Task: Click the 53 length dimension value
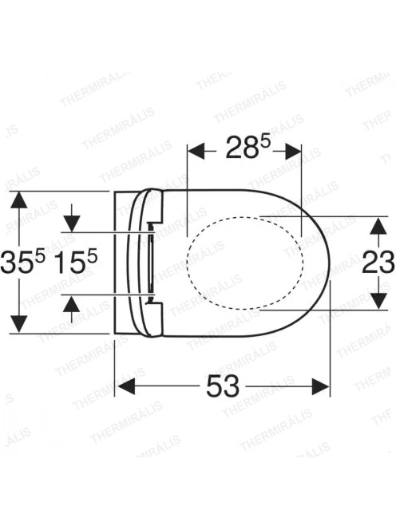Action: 223,386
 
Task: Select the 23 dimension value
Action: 378,263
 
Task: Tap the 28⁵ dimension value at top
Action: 248,147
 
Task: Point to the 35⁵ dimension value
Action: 22,263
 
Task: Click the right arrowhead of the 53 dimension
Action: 319,386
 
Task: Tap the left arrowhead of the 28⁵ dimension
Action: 197,151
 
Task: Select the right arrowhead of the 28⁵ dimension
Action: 291,151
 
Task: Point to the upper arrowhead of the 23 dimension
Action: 378,225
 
